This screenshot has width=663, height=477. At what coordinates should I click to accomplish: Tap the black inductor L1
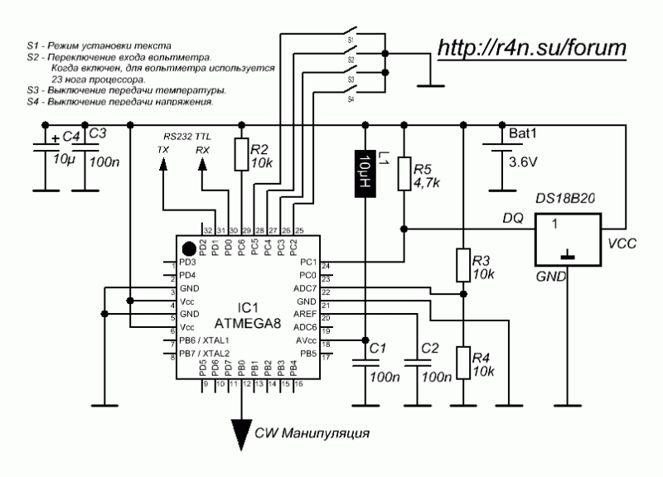pos(365,174)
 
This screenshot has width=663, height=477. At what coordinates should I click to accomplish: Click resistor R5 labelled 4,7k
pos(404,174)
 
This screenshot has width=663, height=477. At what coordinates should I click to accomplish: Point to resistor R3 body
pos(461,265)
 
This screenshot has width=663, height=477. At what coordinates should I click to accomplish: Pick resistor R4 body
pos(461,363)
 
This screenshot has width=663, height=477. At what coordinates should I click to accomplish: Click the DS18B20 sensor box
pos(568,240)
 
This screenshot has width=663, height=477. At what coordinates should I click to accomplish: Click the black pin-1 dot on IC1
pos(190,248)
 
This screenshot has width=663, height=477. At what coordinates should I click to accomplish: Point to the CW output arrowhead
pos(242,431)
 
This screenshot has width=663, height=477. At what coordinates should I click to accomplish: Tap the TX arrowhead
pos(162,165)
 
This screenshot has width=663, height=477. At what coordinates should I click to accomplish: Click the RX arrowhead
pos(202,165)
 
